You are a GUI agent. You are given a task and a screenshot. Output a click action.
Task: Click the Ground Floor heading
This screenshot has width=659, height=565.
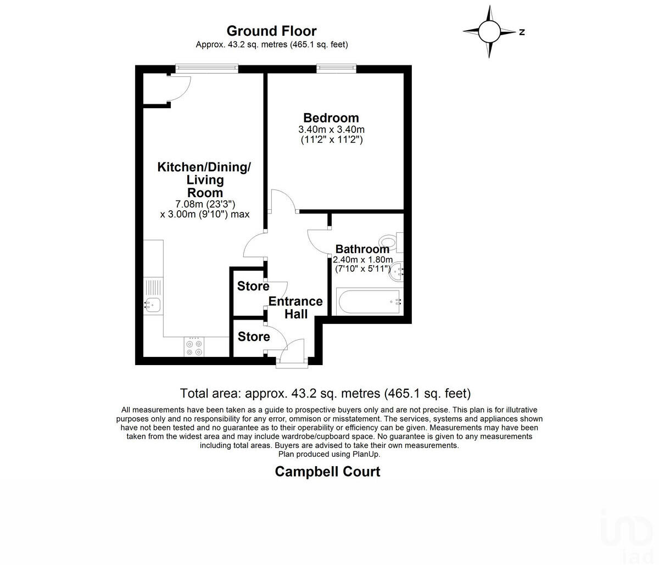(271, 31)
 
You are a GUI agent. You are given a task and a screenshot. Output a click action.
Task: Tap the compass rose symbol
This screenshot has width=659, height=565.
(489, 31)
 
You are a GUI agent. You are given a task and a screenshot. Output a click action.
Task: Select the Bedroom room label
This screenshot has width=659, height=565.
(331, 118)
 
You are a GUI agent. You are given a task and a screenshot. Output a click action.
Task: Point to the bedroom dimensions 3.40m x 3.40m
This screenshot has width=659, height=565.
(331, 130)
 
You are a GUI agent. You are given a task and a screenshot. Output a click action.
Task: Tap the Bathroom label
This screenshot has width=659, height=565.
(362, 249)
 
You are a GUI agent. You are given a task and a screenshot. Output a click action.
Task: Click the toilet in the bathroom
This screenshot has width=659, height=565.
(390, 242)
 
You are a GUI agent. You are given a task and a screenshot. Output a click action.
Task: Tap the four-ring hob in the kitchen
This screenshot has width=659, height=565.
(194, 346)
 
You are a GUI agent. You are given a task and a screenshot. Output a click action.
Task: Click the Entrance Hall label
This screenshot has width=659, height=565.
(295, 307)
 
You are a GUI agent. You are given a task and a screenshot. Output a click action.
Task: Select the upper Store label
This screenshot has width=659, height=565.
(253, 286)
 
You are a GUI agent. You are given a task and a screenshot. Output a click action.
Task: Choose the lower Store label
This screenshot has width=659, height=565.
(254, 337)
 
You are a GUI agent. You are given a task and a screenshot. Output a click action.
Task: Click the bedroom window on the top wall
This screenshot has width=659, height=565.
(336, 69)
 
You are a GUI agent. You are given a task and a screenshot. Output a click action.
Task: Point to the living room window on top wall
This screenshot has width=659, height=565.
(207, 69)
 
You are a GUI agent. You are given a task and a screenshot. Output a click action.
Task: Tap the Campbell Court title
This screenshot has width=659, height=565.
(327, 471)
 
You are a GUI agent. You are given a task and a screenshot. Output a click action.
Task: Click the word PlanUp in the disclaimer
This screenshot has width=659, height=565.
(366, 454)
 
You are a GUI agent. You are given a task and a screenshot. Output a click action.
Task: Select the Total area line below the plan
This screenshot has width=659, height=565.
(325, 393)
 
